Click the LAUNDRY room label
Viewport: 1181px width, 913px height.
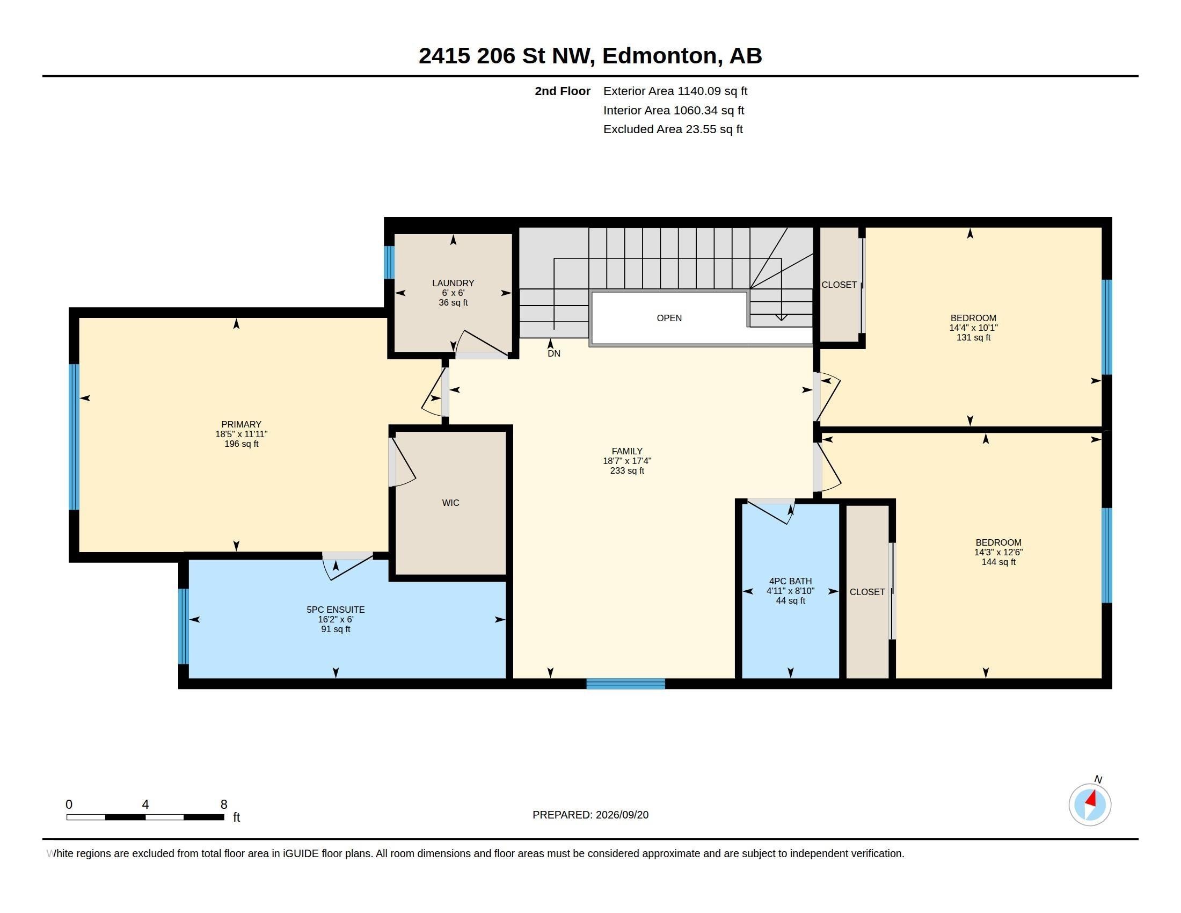point(453,283)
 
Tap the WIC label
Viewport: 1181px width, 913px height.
point(450,503)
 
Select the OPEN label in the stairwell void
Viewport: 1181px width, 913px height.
point(669,318)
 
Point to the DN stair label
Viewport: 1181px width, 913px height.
point(554,353)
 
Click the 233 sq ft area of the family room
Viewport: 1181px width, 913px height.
point(626,470)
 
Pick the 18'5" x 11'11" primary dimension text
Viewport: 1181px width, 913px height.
point(241,434)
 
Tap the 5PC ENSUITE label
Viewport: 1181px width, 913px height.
point(336,610)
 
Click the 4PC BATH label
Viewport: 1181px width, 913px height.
point(790,582)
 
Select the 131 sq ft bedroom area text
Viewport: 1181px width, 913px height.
point(973,337)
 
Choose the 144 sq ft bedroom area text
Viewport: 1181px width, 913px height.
point(998,562)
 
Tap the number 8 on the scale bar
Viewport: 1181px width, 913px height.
point(224,805)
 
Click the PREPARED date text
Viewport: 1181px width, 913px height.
point(590,815)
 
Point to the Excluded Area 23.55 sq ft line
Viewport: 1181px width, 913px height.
point(673,129)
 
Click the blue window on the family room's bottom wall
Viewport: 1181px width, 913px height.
point(625,684)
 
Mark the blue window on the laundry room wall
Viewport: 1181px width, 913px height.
point(389,262)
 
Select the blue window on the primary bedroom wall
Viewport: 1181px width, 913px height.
point(74,437)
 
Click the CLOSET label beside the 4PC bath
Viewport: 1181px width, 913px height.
point(867,592)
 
